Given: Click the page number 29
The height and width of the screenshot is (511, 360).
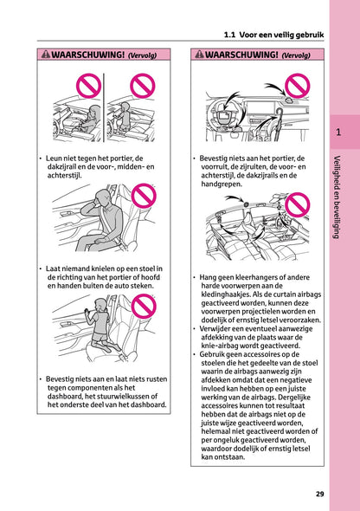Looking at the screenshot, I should point(319,494).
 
